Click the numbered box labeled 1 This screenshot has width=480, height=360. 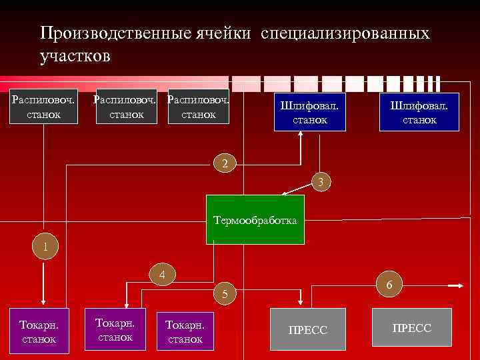click(45, 246)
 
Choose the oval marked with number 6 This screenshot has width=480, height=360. click(389, 284)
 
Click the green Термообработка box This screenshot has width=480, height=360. click(255, 219)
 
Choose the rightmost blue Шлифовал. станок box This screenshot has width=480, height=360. click(419, 112)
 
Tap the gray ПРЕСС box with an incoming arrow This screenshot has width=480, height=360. click(308, 329)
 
